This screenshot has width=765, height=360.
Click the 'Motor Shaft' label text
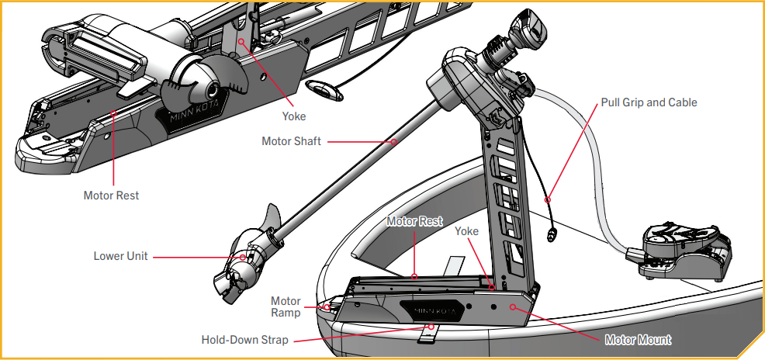point(291,141)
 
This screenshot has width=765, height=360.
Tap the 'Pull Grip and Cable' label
point(649,102)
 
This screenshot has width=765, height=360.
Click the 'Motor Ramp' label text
point(286,307)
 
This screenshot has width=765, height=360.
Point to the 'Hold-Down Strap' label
point(244,340)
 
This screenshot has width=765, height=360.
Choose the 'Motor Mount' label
point(638,340)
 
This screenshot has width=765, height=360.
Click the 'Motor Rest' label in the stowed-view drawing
point(111,196)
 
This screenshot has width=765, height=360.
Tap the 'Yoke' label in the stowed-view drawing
point(294,116)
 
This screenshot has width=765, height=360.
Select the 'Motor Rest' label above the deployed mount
point(414,222)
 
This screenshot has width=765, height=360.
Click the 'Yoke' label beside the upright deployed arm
point(466,231)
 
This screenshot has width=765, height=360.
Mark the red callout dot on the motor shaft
point(394,141)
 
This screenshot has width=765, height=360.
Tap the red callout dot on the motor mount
point(512,307)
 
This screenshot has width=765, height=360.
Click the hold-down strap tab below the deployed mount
point(427,333)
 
